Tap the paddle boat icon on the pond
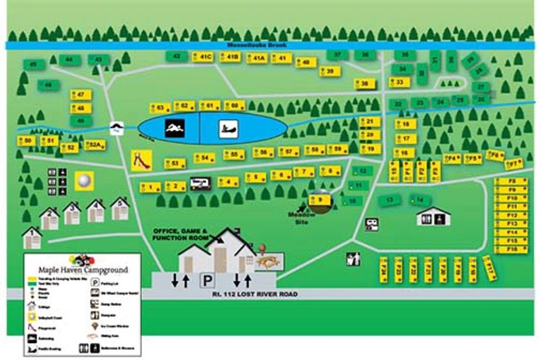(x=228, y=129)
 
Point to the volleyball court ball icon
(x=84, y=181)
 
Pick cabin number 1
(x=32, y=238)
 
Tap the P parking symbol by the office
(x=207, y=281)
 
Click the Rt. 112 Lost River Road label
(x=254, y=294)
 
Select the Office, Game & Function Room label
(x=181, y=234)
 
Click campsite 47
(x=80, y=95)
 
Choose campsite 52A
(x=95, y=145)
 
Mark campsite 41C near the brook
(x=203, y=56)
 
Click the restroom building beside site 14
(x=433, y=217)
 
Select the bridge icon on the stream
(x=116, y=128)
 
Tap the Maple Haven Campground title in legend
(x=83, y=270)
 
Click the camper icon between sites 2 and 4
(x=199, y=183)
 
